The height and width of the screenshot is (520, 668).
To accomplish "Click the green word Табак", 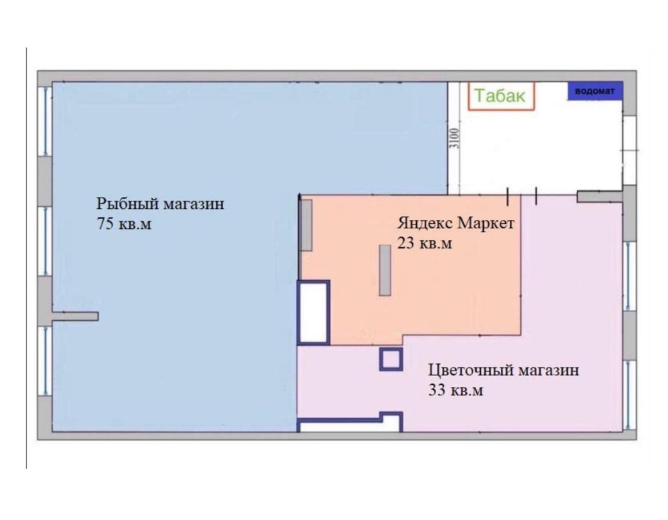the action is pos(500,95).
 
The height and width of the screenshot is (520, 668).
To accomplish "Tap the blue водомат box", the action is pos(595,91).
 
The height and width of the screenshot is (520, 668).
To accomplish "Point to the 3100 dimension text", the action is pos(455,138).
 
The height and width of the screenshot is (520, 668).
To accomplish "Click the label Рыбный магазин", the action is pos(160,204).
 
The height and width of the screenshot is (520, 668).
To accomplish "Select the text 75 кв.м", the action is pos(124,224).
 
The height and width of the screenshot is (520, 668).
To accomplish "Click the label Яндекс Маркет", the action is pos(456,223).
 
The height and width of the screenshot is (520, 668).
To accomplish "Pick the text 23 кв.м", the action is pos(424,243).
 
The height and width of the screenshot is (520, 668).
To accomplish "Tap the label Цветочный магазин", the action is pos(504,370).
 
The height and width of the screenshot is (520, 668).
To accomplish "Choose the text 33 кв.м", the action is pos(456,390).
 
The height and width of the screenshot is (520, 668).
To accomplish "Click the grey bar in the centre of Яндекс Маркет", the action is pos(385,270).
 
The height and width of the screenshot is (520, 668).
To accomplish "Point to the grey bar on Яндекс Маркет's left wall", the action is pos(306,225).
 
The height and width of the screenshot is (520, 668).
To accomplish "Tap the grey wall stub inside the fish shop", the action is pos(75,316).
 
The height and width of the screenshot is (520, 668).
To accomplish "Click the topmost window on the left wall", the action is pos(45,121).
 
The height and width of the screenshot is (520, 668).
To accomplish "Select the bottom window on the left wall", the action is pos(45,361).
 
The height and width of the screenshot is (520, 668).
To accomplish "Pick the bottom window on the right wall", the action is pos(629,395).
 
